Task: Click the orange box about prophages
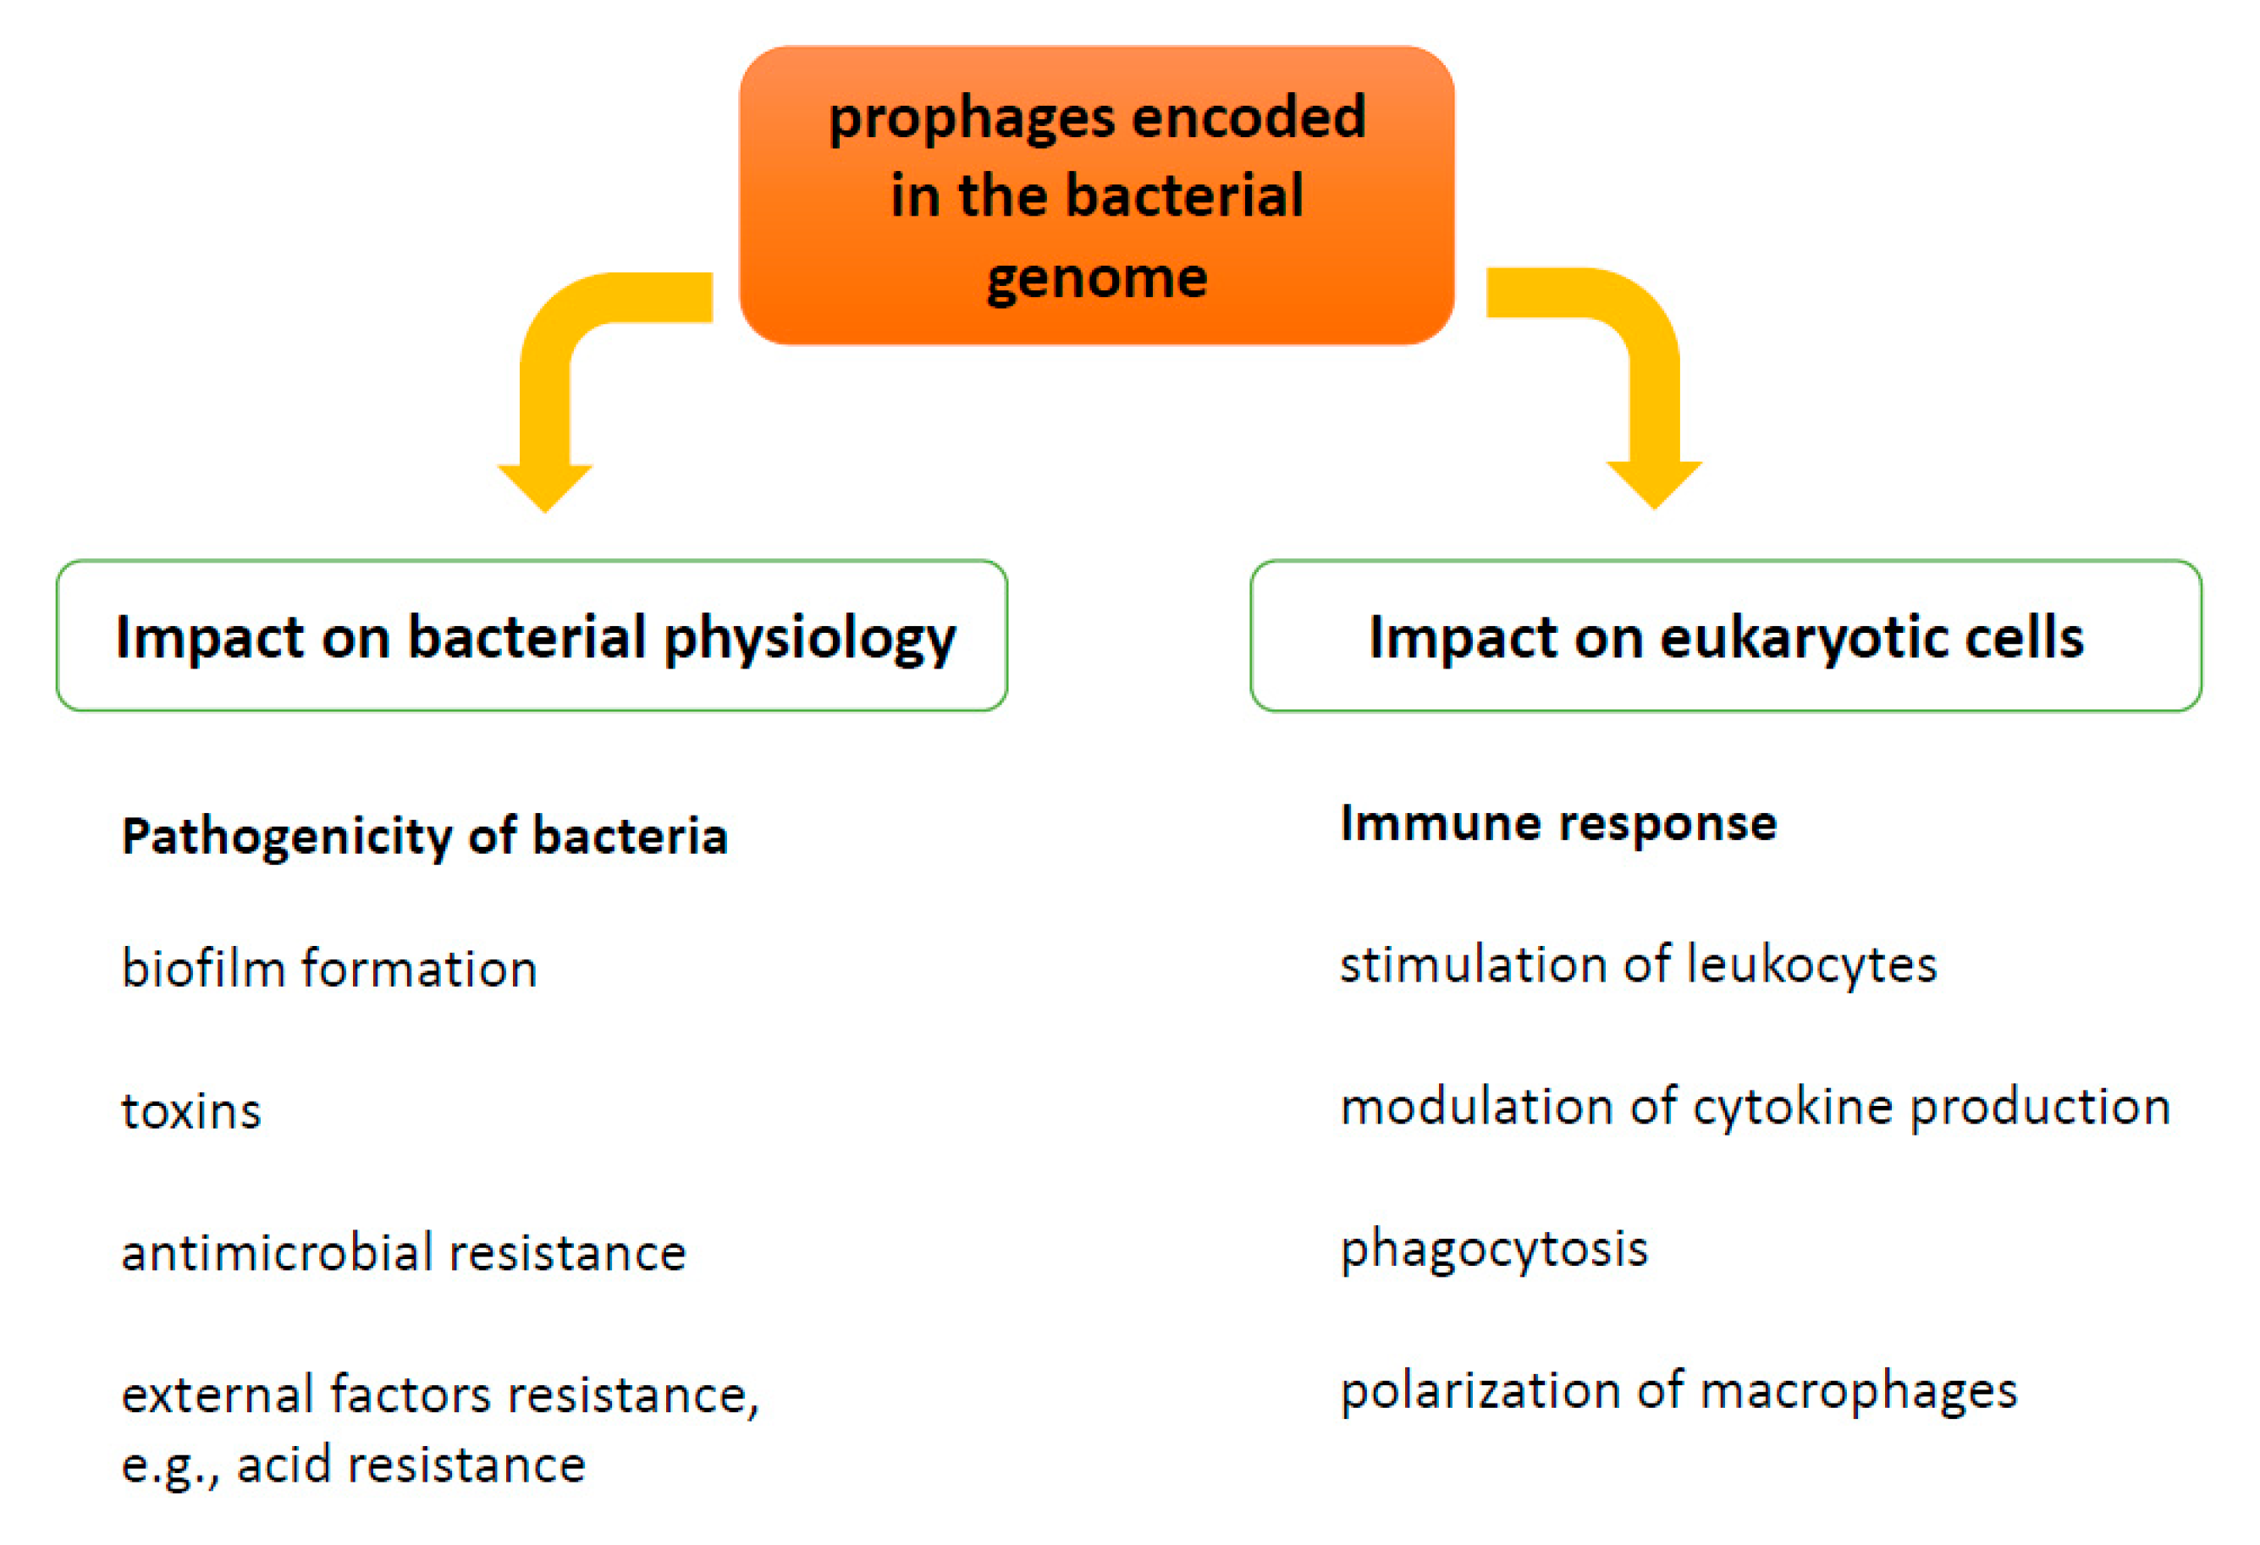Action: (x=1096, y=195)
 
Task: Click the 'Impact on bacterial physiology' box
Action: (x=532, y=636)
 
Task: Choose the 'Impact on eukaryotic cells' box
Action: (x=1726, y=636)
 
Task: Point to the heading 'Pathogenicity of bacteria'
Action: (x=425, y=837)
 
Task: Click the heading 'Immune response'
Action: (x=1559, y=823)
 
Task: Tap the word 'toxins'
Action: (x=191, y=1110)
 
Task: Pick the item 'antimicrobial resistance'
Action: (x=404, y=1251)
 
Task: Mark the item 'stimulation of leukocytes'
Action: (x=1639, y=965)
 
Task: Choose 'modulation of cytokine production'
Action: (x=1756, y=1108)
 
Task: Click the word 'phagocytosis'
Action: (x=1495, y=1250)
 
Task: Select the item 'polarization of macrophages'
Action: (x=1679, y=1391)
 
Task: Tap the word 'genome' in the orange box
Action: (x=1097, y=280)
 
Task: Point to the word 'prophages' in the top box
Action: (x=972, y=119)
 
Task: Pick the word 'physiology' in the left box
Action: (x=811, y=639)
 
